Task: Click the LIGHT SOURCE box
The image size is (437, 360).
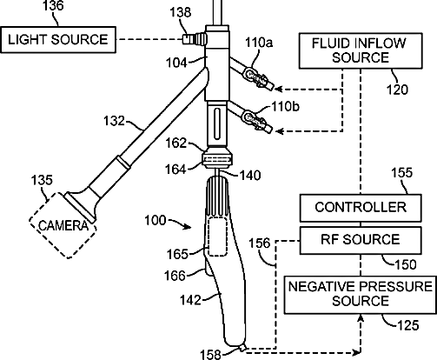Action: click(x=58, y=40)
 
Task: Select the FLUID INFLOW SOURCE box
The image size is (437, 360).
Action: click(x=361, y=50)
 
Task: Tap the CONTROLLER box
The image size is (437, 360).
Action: click(x=361, y=208)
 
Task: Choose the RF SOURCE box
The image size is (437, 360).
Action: click(x=361, y=240)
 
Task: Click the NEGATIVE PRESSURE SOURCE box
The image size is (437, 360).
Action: click(x=361, y=295)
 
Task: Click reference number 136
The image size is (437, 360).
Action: click(x=53, y=6)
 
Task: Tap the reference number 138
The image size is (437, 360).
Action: click(x=181, y=12)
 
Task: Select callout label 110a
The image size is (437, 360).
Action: click(x=259, y=43)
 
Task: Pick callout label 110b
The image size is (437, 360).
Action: click(x=285, y=107)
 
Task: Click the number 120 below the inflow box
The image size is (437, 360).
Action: click(x=397, y=90)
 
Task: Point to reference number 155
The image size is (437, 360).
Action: click(x=402, y=173)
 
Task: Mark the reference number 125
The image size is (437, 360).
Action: click(x=408, y=325)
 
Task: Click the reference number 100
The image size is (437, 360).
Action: click(x=156, y=221)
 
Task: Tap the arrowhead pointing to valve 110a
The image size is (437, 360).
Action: click(x=278, y=90)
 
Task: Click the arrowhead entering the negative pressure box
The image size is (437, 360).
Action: click(x=361, y=318)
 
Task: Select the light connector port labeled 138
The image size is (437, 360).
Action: click(x=195, y=38)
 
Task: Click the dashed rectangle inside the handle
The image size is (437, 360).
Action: click(x=217, y=237)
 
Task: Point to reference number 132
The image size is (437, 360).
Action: click(x=114, y=121)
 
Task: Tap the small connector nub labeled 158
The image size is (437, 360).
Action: click(x=242, y=347)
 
